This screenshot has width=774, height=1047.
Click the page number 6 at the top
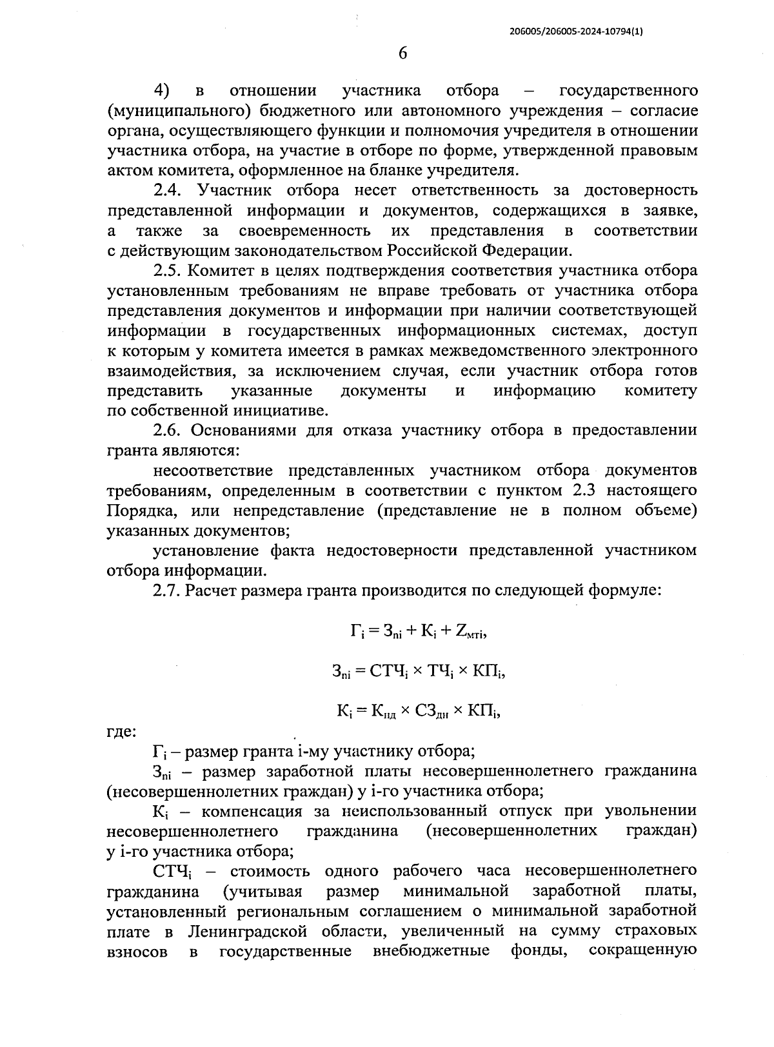click(x=402, y=54)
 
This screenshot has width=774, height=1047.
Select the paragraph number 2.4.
click(x=170, y=191)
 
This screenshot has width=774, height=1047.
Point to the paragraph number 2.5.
click(x=170, y=271)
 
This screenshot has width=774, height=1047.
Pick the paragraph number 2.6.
click(x=170, y=431)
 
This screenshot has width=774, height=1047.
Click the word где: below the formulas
click(x=121, y=731)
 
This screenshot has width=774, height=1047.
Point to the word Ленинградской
click(x=246, y=932)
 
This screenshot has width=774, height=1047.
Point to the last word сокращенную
click(x=643, y=951)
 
